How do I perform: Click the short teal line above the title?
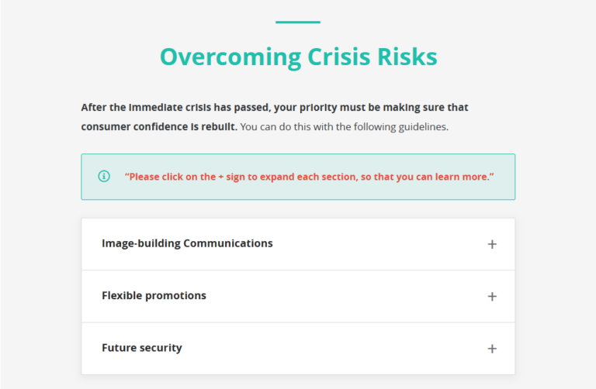pyautogui.click(x=298, y=22)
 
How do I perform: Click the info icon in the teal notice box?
pyautogui.click(x=104, y=177)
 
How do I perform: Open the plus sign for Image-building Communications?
pyautogui.click(x=492, y=244)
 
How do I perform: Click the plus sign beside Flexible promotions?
pyautogui.click(x=492, y=296)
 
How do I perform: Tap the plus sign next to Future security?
pyautogui.click(x=492, y=349)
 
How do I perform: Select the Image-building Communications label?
pyautogui.click(x=187, y=243)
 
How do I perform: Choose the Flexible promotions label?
pyautogui.click(x=154, y=295)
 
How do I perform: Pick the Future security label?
pyautogui.click(x=142, y=348)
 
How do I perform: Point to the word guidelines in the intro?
pyautogui.click(x=422, y=126)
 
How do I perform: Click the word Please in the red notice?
pyautogui.click(x=145, y=177)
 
